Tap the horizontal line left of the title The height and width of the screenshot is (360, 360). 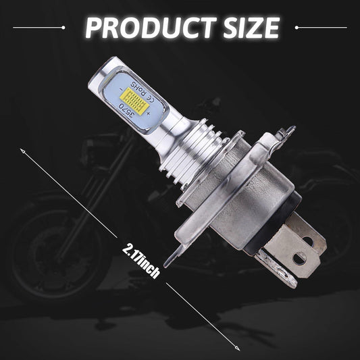tap(41, 28)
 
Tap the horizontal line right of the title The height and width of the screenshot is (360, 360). tap(320, 28)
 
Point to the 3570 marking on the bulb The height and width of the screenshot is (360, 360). tap(126, 108)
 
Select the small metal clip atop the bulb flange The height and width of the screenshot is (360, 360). tap(287, 132)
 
